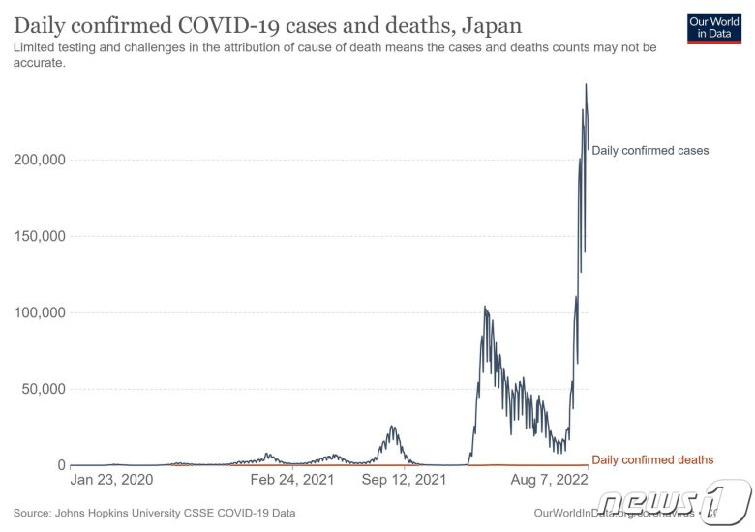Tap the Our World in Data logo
point(713,28)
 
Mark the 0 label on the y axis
point(59,465)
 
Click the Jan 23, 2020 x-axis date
point(112,479)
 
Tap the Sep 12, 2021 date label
point(406,479)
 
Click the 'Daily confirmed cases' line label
point(650,151)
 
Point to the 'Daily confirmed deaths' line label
point(652,459)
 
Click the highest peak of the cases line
point(586,85)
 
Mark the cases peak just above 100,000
point(485,308)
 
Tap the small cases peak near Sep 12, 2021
point(392,426)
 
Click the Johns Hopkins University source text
point(155,513)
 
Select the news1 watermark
point(672,502)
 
